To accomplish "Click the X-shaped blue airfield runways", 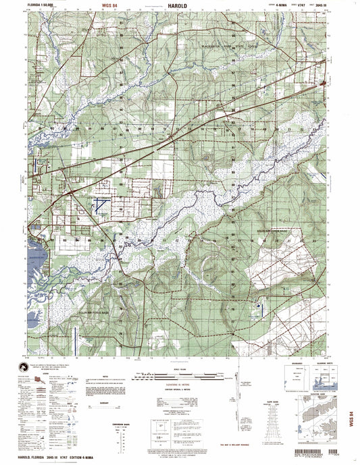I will (101, 205).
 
